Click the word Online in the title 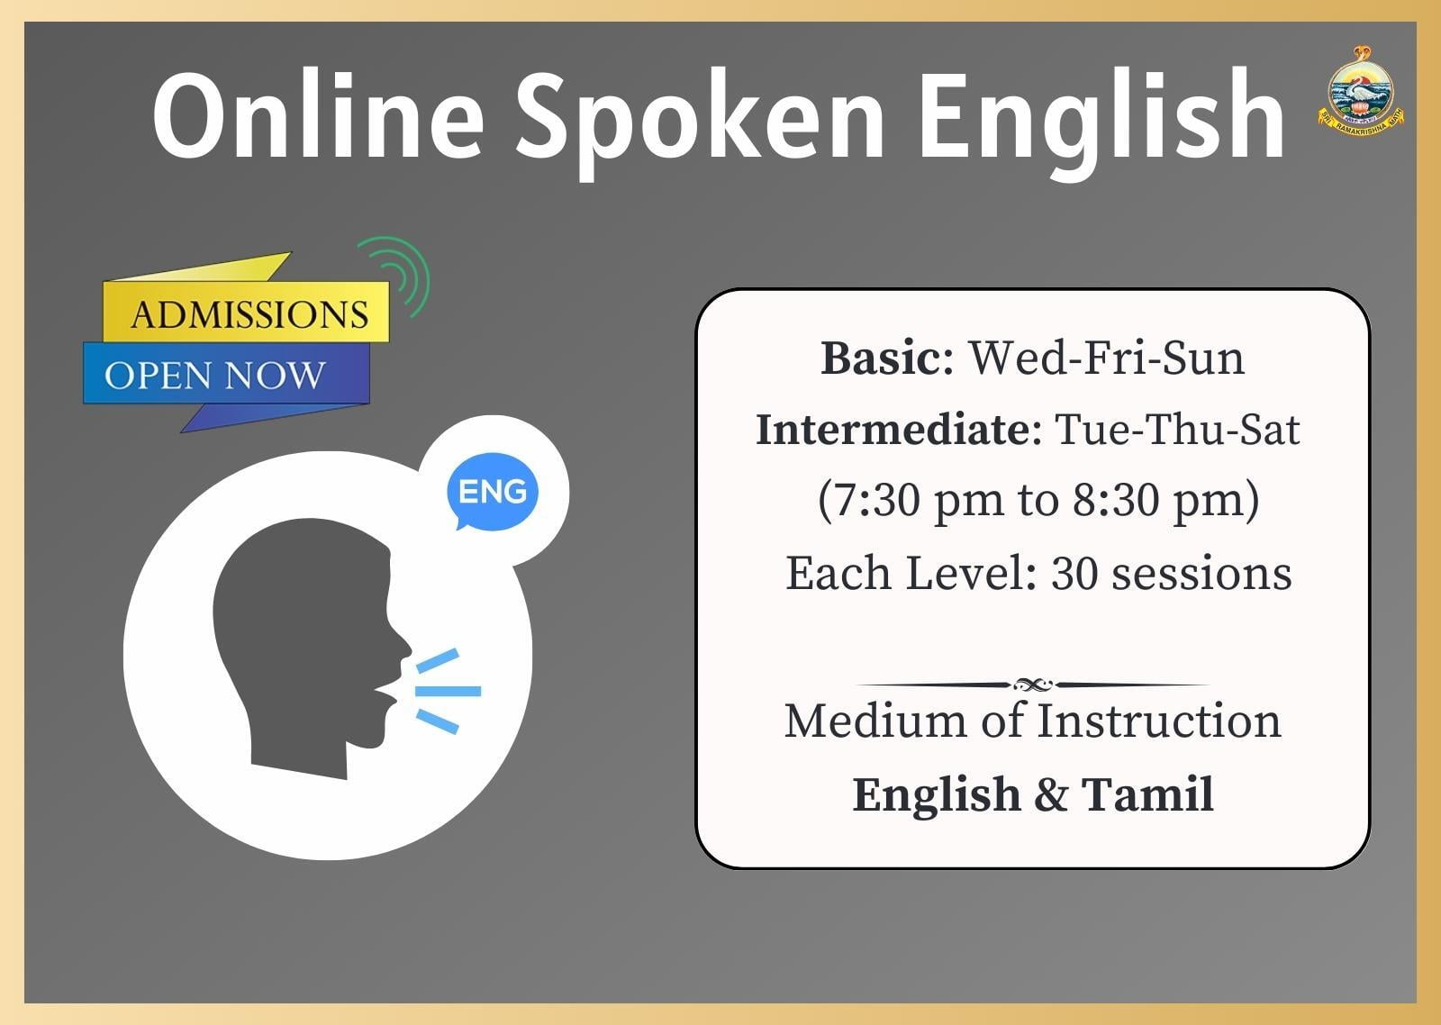(x=318, y=116)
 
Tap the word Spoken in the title (x=701, y=122)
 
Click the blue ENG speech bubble (x=492, y=492)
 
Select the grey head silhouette (x=312, y=648)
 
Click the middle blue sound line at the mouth (x=448, y=691)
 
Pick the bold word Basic (x=887, y=358)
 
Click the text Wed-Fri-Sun (x=1107, y=358)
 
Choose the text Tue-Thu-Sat (x=1177, y=430)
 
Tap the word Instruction (x=1159, y=721)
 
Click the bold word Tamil (x=1147, y=794)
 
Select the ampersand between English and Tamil (x=1051, y=795)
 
